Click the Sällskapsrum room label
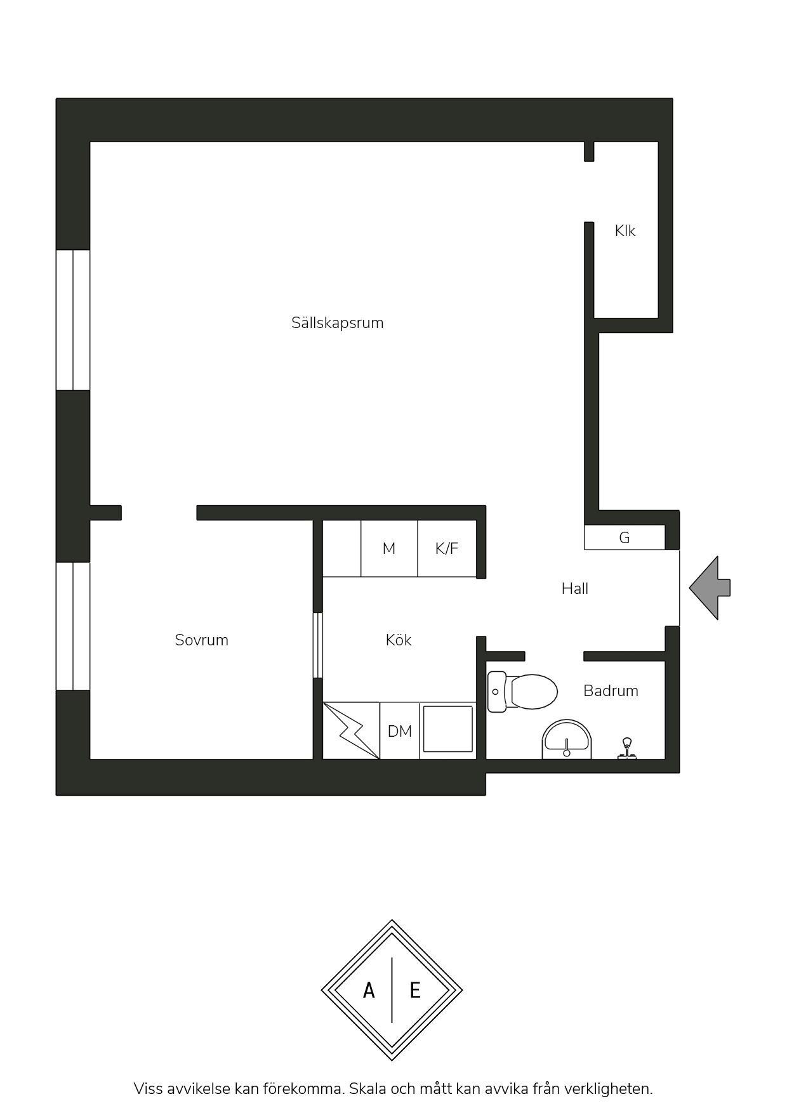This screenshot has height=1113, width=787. click(x=337, y=323)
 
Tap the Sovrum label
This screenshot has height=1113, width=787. click(x=201, y=640)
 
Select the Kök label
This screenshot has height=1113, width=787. click(x=399, y=640)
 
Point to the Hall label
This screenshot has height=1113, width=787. click(x=574, y=589)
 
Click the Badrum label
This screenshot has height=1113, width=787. click(x=611, y=690)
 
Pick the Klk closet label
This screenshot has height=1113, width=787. click(x=625, y=231)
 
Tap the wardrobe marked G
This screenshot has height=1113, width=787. click(x=625, y=537)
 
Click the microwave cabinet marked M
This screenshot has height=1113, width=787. click(x=389, y=548)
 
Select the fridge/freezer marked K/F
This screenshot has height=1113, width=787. click(x=447, y=548)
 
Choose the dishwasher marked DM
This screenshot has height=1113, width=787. click(x=400, y=730)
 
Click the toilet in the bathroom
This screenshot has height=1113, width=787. click(x=522, y=691)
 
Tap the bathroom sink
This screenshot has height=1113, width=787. click(x=567, y=739)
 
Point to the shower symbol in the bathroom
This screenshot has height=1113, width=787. click(x=628, y=749)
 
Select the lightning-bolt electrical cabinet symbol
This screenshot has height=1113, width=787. click(x=352, y=730)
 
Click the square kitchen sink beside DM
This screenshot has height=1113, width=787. click(x=448, y=730)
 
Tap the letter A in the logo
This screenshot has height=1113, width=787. click(x=369, y=990)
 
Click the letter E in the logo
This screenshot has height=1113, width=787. click(x=415, y=990)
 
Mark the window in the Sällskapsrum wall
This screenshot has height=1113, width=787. click(x=73, y=320)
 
